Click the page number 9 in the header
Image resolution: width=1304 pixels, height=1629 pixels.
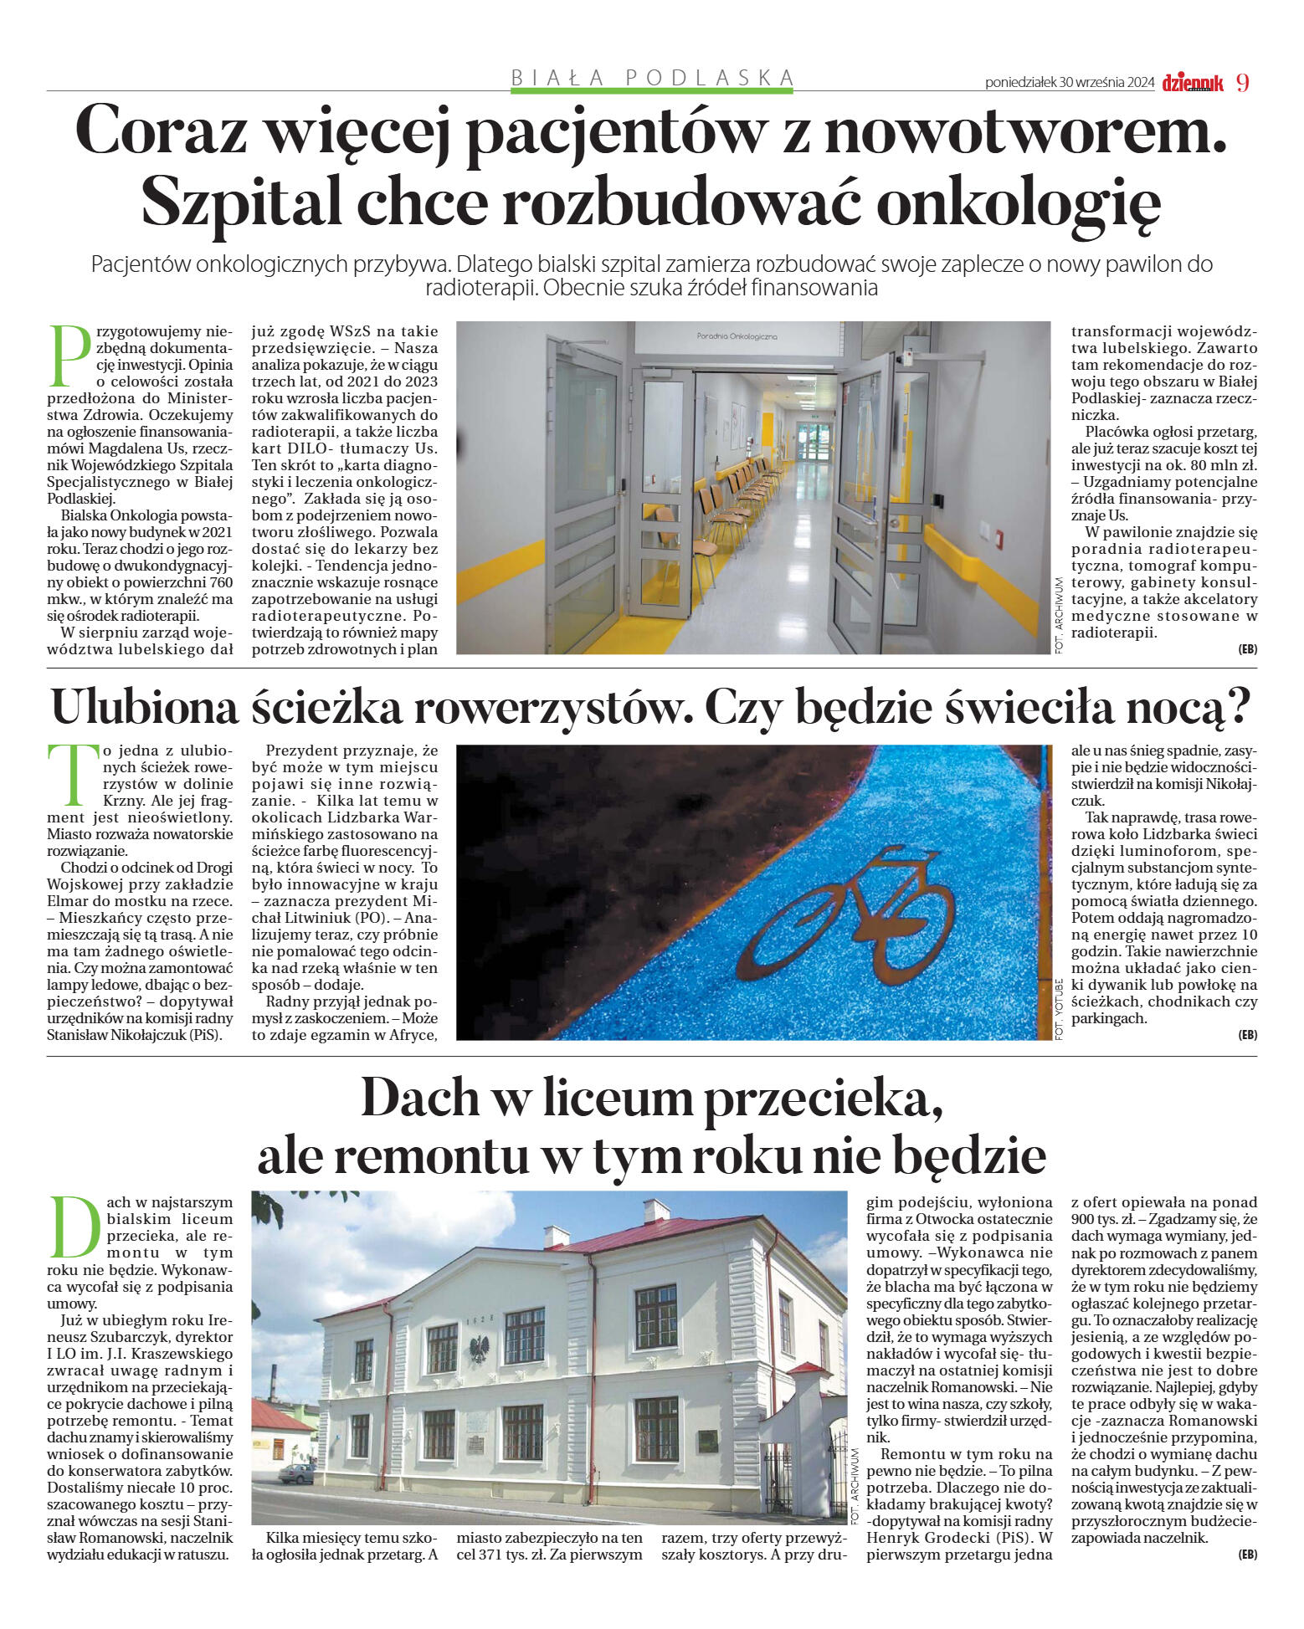pos(1242,82)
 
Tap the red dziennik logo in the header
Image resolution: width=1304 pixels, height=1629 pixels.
pos(1193,83)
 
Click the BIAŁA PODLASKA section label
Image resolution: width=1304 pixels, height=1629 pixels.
pos(653,78)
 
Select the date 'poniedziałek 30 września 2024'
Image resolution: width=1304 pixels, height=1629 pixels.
pos(1070,83)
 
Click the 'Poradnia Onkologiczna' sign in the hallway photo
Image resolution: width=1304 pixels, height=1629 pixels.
pos(737,336)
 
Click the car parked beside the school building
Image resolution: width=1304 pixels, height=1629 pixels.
pos(297,1473)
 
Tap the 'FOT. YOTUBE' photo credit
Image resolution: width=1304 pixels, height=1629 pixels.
pos(1059,1008)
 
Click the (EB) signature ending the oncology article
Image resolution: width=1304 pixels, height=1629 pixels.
pos(1247,649)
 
